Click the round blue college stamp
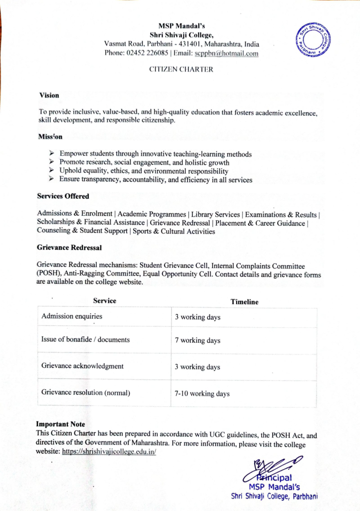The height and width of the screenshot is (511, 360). coord(314,39)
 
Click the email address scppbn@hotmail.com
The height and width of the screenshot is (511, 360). coord(226,53)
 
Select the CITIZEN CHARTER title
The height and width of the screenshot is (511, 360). coord(181,69)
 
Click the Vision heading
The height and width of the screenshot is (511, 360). coord(49,95)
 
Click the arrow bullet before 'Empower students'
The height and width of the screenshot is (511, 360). coord(52,154)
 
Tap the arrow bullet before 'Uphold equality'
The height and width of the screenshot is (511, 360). coord(52,171)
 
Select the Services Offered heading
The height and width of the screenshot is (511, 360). coord(63,196)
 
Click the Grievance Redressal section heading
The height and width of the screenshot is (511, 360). coord(69,247)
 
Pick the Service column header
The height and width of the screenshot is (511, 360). coord(104,301)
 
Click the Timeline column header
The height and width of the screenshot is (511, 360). coord(244,301)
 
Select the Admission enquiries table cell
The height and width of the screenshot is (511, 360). coord(71,316)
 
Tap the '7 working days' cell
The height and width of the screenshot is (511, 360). coord(198,341)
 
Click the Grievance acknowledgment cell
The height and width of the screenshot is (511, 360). coord(82,366)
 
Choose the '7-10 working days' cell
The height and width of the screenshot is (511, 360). coord(202,394)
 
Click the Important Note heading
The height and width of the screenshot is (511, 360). coord(60,424)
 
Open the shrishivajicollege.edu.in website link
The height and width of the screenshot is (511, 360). coord(109,452)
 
